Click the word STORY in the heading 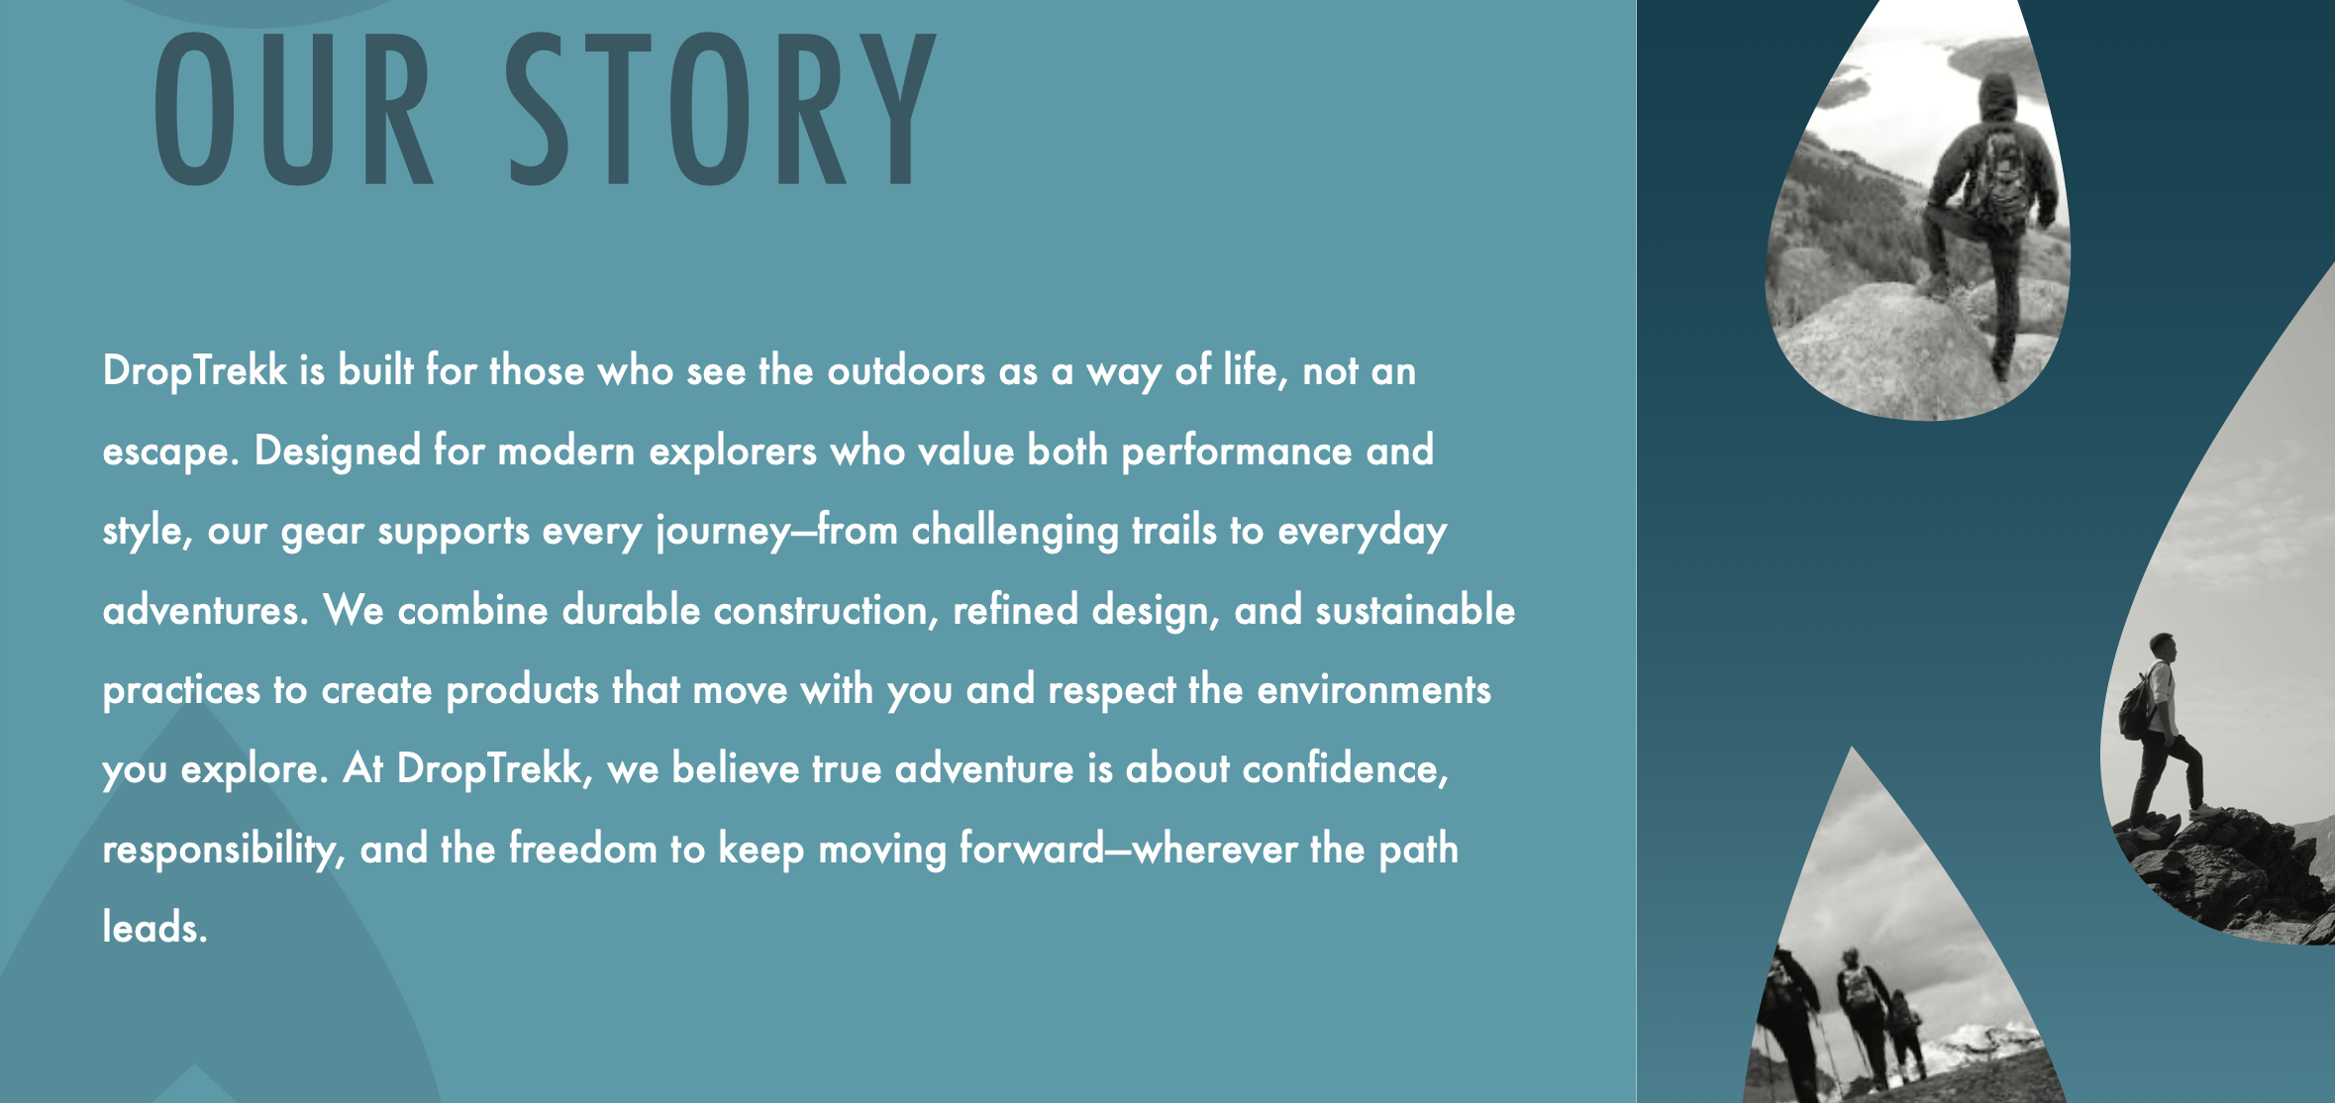coord(721,111)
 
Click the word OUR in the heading coord(293,111)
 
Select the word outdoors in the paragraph coord(906,371)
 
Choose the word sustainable coord(1415,610)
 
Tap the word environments coord(1373,690)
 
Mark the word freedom coord(583,849)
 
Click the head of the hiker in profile coord(2164,649)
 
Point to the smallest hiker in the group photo coord(1906,1035)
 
